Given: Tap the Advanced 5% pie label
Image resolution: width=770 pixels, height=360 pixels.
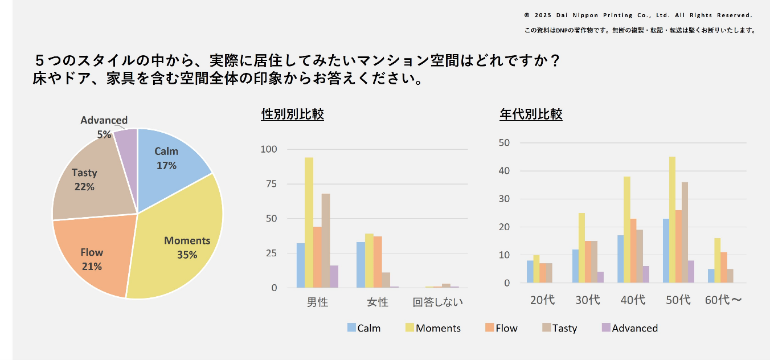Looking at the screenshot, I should tap(104, 127).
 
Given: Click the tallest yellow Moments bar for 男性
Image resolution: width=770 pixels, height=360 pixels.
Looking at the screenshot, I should tap(309, 222).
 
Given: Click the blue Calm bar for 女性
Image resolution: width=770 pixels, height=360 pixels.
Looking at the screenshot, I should tap(361, 265).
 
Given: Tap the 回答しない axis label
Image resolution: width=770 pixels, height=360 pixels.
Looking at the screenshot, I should tap(437, 302).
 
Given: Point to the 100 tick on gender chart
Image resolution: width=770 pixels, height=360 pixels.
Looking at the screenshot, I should tap(269, 150).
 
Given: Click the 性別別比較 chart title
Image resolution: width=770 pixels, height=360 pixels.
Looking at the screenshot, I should tap(292, 114).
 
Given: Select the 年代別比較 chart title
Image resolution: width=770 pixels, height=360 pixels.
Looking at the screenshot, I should tap(531, 114).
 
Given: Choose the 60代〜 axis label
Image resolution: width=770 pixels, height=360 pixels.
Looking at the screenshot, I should tap(723, 300).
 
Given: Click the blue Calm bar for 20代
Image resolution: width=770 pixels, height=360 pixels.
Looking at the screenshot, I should tap(530, 272).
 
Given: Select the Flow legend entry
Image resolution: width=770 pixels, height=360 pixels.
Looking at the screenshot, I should tap(501, 328).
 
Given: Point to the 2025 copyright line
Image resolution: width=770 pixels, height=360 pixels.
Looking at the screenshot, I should tap(638, 15).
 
